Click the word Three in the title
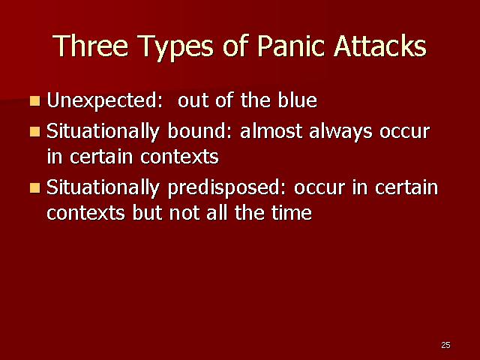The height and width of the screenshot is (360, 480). point(91,46)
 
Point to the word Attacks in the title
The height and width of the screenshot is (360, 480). point(380,46)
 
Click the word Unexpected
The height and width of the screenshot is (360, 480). point(104,101)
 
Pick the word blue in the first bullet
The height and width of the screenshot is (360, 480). point(297,100)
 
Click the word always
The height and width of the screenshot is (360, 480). point(340,132)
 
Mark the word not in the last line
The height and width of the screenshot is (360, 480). point(184,212)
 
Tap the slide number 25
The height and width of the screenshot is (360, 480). point(445,345)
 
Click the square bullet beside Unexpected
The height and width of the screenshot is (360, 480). point(35,100)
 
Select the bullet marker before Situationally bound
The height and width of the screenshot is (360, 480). point(35,132)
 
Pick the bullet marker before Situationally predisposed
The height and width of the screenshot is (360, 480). point(35,187)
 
